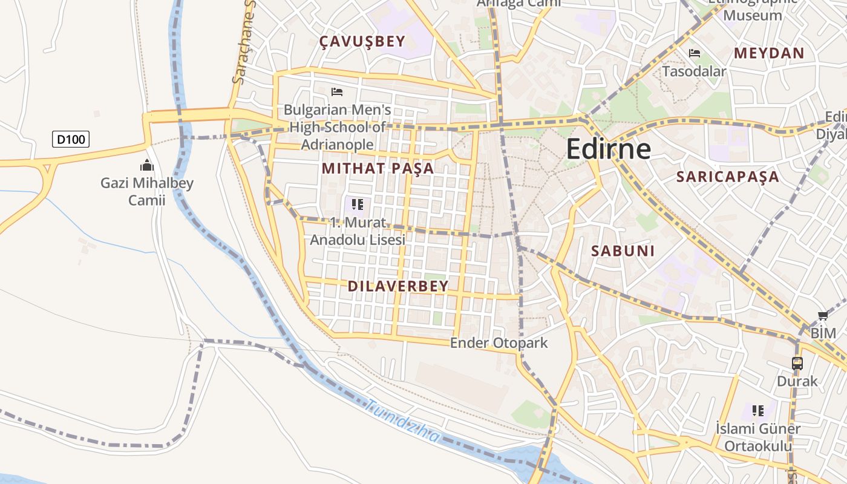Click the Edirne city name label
(608, 149)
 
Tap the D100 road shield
(71, 140)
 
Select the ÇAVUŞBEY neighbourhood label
(362, 42)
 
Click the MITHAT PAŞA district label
(378, 168)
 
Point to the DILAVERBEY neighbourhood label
(398, 286)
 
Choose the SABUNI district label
(623, 251)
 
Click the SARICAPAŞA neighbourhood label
(727, 177)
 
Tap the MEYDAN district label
(769, 53)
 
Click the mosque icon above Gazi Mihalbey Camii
(146, 165)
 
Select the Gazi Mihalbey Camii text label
(146, 191)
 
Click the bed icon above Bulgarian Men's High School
(337, 92)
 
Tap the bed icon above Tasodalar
(694, 54)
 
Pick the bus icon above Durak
(797, 364)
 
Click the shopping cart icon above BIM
(822, 316)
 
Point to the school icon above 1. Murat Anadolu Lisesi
(357, 204)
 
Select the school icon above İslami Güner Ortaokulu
(757, 411)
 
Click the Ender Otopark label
(499, 343)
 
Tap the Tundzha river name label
(404, 422)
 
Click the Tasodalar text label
(693, 71)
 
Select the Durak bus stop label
(797, 381)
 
